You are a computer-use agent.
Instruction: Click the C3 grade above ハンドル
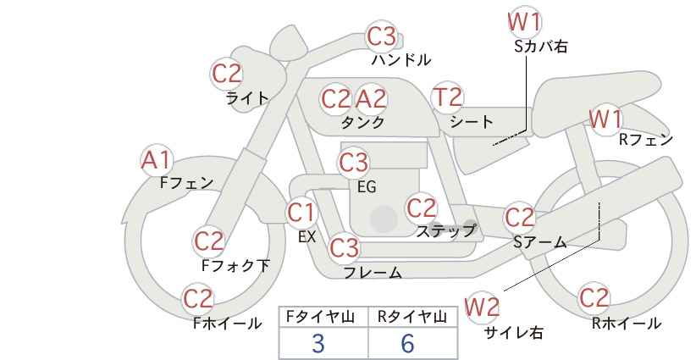tap(382, 36)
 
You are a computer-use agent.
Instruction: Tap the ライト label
tap(247, 98)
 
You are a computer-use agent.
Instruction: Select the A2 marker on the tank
tap(371, 99)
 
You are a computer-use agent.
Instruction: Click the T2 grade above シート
tap(447, 97)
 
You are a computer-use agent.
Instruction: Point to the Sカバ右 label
tap(541, 47)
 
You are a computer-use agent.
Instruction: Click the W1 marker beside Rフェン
tap(605, 119)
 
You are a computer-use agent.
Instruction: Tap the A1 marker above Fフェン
tap(155, 161)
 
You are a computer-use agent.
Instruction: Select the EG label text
tap(367, 187)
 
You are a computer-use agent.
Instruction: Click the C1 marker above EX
tap(301, 213)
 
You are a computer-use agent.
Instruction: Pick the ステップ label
tap(445, 231)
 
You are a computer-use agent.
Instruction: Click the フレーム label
tap(373, 272)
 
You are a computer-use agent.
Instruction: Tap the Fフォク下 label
tap(235, 265)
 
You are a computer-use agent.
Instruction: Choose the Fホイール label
tap(227, 324)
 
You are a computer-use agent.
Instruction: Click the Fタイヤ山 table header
tap(320, 317)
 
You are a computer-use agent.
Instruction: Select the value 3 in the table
tap(318, 344)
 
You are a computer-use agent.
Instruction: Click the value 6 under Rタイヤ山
tap(407, 343)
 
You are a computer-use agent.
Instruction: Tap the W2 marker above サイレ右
tap(482, 307)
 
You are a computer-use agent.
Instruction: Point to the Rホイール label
tap(627, 324)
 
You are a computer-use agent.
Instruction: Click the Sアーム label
tap(540, 242)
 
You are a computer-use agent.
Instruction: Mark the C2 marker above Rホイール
tap(594, 298)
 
